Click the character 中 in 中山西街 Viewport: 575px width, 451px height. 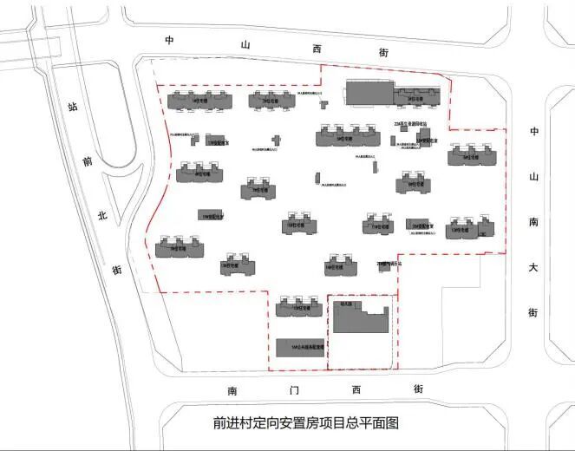click(171, 41)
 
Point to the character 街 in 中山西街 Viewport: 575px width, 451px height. click(382, 52)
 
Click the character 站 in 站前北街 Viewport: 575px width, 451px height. click(73, 108)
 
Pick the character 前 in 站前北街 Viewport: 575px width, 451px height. click(87, 162)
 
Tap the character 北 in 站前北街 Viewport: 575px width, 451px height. click(101, 215)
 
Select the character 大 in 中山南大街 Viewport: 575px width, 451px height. click(533, 266)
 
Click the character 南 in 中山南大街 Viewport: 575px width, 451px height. click(534, 221)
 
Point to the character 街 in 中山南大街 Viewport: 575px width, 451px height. click(533, 311)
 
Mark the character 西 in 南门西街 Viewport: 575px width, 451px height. click(355, 391)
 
